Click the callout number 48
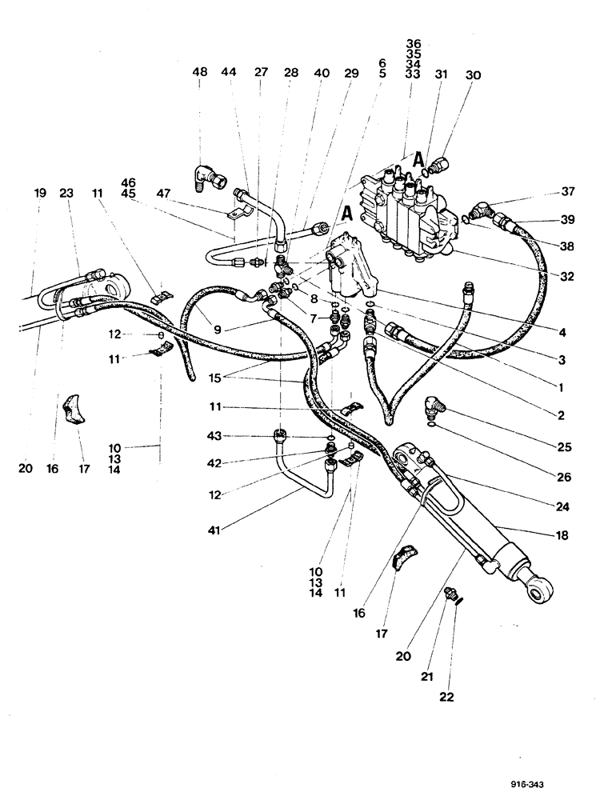tap(199, 72)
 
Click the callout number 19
tap(40, 193)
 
